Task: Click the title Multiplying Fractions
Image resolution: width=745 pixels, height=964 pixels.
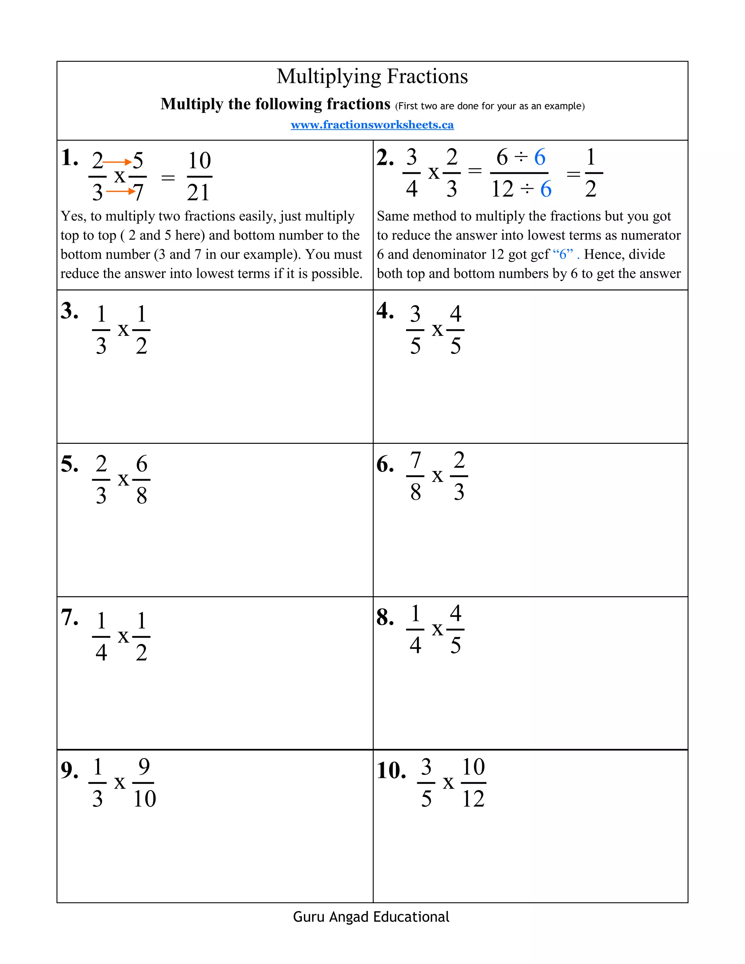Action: [372, 76]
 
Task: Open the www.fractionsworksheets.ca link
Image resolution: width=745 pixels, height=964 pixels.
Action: [372, 125]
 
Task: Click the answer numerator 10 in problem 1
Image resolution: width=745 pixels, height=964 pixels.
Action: [199, 161]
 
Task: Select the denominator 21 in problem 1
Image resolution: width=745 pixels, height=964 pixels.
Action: [198, 192]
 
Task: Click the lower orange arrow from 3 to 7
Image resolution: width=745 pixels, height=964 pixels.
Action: [120, 191]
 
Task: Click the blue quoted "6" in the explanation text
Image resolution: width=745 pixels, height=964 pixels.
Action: [563, 254]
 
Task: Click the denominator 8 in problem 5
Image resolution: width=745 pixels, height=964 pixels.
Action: [141, 496]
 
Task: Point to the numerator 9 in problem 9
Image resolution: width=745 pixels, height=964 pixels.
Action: [144, 767]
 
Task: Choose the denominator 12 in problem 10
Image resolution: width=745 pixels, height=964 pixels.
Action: [473, 799]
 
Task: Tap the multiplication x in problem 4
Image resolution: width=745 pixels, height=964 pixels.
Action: [437, 330]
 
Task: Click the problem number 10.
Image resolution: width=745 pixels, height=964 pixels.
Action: [391, 771]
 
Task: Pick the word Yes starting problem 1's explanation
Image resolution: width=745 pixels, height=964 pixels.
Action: [72, 216]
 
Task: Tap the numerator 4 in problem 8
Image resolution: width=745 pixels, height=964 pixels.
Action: [455, 614]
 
